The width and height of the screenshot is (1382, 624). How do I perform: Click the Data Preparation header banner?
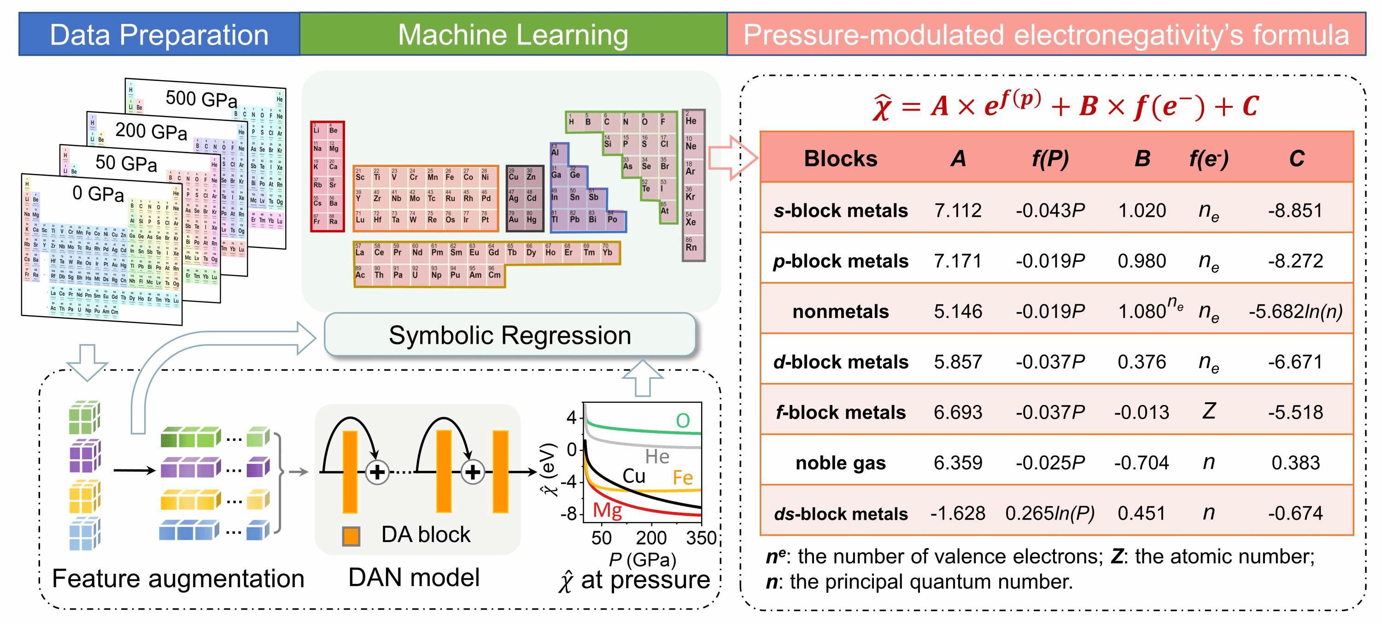(159, 35)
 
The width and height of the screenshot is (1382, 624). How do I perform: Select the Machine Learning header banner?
(513, 35)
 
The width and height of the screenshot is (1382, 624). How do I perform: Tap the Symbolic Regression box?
(509, 335)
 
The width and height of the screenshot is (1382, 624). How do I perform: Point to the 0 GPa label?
(98, 193)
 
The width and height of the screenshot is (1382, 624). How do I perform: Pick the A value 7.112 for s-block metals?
(958, 210)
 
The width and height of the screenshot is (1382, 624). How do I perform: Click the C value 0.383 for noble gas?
(1295, 462)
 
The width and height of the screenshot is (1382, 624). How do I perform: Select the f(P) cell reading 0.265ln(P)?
(1050, 513)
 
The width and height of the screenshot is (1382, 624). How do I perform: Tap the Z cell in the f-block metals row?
(1208, 411)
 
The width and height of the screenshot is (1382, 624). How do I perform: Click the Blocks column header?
(841, 159)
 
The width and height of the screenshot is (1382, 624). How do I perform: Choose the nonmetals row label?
(841, 312)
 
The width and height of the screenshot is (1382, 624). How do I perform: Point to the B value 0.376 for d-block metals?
(1142, 362)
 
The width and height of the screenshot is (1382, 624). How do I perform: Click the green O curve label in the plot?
(682, 421)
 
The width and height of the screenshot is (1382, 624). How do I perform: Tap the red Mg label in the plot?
(607, 510)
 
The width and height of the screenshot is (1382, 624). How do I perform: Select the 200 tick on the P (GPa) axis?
(651, 537)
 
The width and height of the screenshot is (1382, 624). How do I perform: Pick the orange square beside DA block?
(351, 536)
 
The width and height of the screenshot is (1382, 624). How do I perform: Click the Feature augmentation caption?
(178, 579)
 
